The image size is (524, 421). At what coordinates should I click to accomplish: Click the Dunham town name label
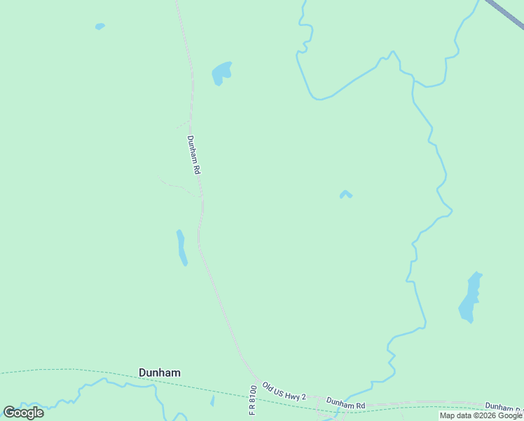coord(159,373)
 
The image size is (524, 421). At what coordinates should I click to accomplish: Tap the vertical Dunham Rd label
coord(194,155)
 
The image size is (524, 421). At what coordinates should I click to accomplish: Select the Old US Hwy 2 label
coord(284,392)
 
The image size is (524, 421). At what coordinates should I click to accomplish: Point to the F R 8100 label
coord(253,400)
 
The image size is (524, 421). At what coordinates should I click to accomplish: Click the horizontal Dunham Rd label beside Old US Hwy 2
coord(345,405)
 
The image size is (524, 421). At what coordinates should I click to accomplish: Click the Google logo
coord(24,413)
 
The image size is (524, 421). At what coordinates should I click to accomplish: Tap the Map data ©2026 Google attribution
coord(481,415)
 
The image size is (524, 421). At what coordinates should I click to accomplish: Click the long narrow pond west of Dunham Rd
coord(181,248)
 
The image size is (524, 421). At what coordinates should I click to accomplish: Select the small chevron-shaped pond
coord(345,194)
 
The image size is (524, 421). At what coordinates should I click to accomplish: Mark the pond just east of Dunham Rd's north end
coord(221,73)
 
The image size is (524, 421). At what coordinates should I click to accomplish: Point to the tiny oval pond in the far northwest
coord(100,27)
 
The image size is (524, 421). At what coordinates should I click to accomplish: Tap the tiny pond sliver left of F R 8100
coord(212,401)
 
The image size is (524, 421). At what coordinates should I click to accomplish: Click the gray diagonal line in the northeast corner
coord(504,13)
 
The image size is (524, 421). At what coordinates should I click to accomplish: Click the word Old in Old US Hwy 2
coord(268,386)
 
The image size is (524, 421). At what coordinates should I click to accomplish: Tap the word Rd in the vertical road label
coord(198,168)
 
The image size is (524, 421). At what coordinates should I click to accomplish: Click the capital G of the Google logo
coord(10,413)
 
